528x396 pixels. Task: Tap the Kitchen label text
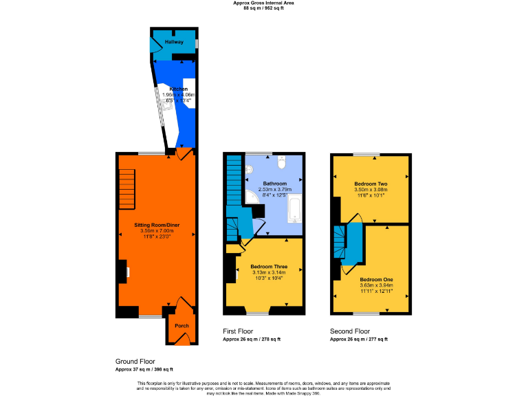[x=179, y=89]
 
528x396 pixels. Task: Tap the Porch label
[x=181, y=326]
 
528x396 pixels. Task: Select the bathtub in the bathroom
[x=294, y=209]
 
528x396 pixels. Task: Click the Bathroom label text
[x=275, y=184]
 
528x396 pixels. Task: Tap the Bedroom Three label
[x=269, y=266]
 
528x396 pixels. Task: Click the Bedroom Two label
[x=371, y=184]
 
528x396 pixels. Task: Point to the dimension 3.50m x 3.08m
[x=371, y=190]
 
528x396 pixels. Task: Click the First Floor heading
[x=239, y=330]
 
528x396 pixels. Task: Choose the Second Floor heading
[x=350, y=330]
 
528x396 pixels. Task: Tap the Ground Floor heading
[x=135, y=361]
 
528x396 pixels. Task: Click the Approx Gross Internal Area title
[x=263, y=3]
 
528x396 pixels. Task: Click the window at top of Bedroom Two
[x=371, y=154]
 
